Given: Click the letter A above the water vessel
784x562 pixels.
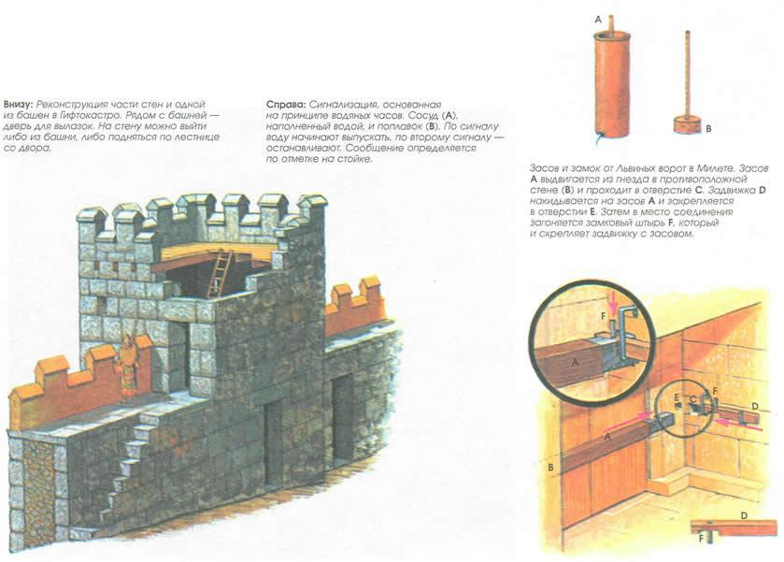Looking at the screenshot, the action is (597, 19).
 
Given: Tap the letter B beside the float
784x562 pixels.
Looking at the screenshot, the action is (708, 129).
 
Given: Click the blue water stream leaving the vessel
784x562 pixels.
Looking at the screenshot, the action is (596, 139).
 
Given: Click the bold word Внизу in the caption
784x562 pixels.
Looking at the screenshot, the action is (19, 105).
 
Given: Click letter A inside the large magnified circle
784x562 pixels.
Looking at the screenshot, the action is (575, 361).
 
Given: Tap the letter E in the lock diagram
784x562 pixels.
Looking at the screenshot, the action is (677, 397).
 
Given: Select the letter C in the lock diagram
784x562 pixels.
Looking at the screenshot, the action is (692, 399).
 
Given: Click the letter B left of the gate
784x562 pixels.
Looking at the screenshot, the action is (550, 468).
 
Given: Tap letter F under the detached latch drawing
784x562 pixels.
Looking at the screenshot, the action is (701, 539).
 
